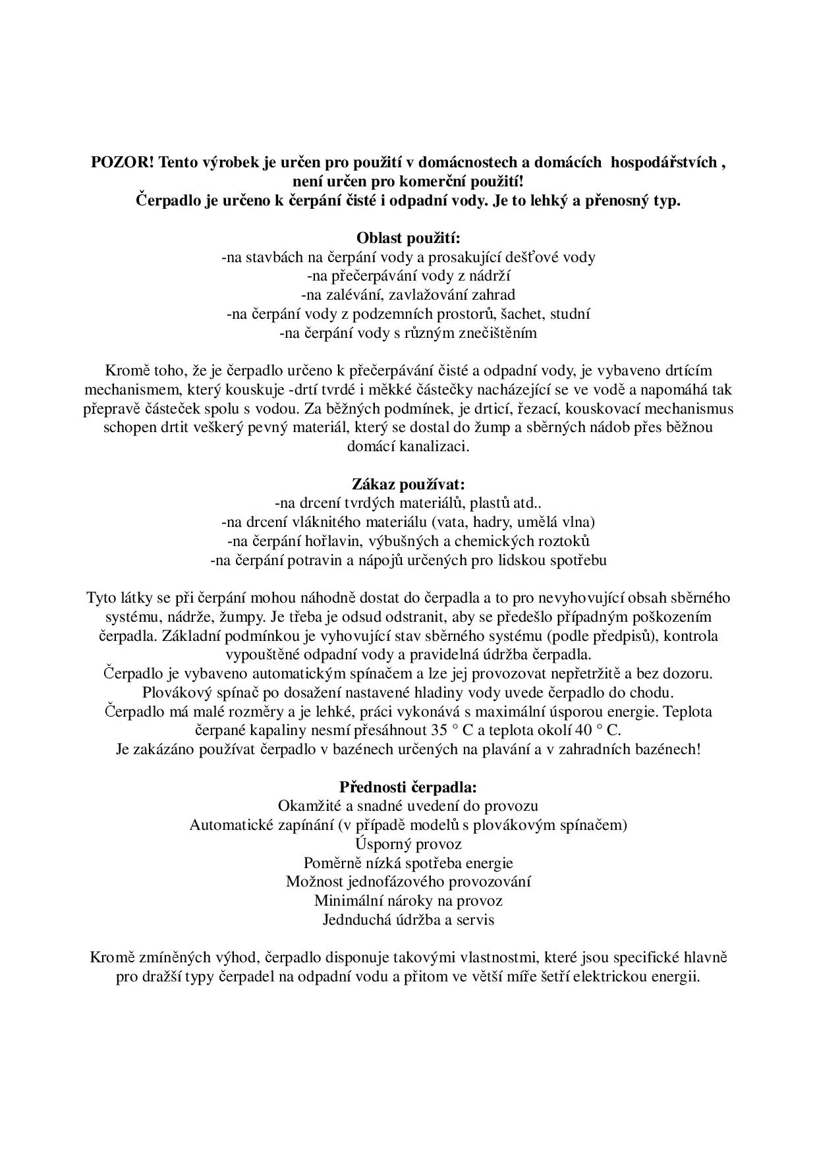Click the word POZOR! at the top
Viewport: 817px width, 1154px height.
coord(122,163)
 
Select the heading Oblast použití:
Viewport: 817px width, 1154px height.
coord(408,238)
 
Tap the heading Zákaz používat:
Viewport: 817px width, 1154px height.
coord(408,484)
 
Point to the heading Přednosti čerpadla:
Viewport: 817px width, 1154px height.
coord(408,787)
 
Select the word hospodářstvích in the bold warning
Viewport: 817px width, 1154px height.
coord(664,163)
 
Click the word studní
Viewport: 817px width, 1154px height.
coord(570,314)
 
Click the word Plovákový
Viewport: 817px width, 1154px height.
coord(174,693)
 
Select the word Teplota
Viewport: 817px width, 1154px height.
coord(689,712)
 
